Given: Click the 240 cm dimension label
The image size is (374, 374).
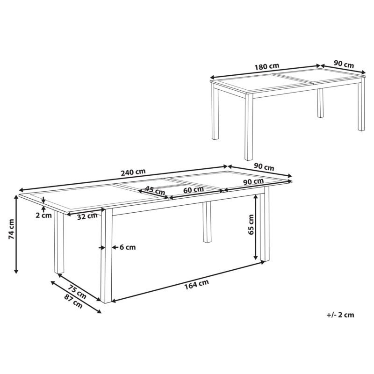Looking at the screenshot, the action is [133, 172].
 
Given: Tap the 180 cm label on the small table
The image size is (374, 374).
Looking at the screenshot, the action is [266, 66].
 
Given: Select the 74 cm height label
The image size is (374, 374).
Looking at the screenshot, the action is [11, 229].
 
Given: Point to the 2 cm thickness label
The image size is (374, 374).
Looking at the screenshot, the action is [43, 215].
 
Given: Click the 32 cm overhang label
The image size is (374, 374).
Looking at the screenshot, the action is [87, 216].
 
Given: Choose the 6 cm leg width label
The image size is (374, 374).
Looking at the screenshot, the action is [128, 247].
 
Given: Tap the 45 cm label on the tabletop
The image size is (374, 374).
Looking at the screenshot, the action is [155, 190].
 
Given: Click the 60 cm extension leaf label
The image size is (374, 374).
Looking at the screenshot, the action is [194, 190].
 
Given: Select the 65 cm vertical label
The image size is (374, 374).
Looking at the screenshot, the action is [251, 224].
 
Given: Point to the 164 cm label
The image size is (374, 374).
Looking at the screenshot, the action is [196, 285].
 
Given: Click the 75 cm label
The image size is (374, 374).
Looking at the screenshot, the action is [77, 291].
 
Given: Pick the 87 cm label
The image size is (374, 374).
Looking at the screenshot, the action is [73, 301].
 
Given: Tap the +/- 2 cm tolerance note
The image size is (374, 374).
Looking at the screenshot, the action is [340, 315].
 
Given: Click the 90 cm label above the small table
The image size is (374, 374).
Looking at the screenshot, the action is [344, 64].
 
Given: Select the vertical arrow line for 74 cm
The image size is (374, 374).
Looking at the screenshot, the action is [16, 234].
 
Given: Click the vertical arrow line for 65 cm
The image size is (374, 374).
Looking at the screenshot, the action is [256, 227].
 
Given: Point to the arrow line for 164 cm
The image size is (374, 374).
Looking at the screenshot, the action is [188, 282].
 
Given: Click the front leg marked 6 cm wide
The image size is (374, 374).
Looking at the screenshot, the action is [107, 256].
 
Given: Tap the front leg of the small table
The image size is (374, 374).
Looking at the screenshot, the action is [249, 127].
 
